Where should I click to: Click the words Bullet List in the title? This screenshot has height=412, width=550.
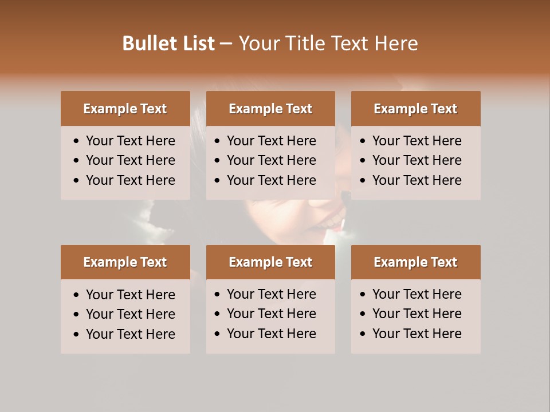pos(168,43)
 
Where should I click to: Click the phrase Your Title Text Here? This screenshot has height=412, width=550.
pos(328,43)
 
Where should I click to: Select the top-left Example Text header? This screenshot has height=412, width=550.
pos(125,109)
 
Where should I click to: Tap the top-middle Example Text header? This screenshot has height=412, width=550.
pos(270,109)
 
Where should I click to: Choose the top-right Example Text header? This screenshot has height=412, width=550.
pos(415,109)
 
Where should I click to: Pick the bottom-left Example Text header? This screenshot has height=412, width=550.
pos(125,262)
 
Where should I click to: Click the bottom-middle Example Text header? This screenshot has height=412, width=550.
pos(270,262)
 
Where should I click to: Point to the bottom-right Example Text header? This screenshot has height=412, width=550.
pos(415,262)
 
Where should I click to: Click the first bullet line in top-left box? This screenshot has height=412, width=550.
pos(131,141)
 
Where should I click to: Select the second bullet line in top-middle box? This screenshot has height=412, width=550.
pos(272,160)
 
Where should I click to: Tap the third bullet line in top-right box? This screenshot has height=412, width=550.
pos(417,180)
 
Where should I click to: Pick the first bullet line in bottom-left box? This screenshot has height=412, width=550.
pos(131,295)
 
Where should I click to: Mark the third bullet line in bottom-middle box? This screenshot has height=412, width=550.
pos(272,334)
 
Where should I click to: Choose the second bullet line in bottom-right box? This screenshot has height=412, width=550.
pos(417,314)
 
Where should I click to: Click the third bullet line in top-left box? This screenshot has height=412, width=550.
pos(131,180)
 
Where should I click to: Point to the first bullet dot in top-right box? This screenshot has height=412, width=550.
pos(363,141)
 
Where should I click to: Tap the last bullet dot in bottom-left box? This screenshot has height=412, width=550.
pos(76,335)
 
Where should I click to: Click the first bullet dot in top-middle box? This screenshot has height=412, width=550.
pos(217,141)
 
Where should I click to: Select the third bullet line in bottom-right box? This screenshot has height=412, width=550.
pos(417,334)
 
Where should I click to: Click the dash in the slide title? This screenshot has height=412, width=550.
pos(226,43)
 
